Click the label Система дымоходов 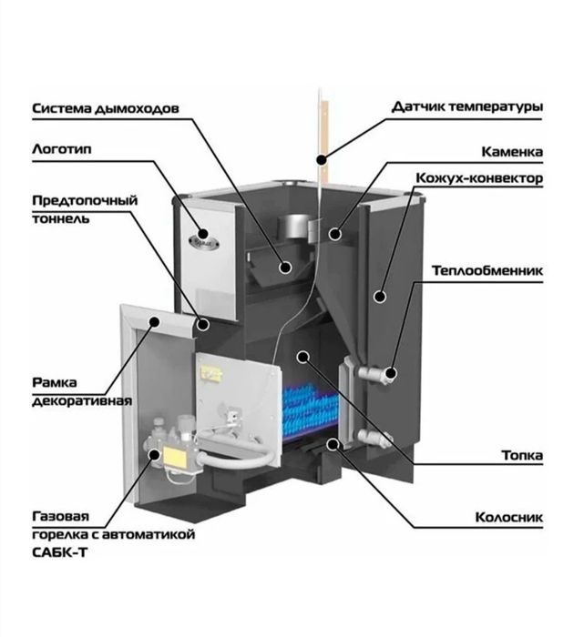pyautogui.click(x=106, y=109)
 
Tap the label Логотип pyautogui.click(x=62, y=149)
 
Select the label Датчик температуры pyautogui.click(x=467, y=107)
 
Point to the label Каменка pyautogui.click(x=512, y=152)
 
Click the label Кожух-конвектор pyautogui.click(x=479, y=178)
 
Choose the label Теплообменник pyautogui.click(x=487, y=270)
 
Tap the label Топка pyautogui.click(x=522, y=455)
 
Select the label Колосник pyautogui.click(x=509, y=517)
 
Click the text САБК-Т pyautogui.click(x=59, y=553)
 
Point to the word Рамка pyautogui.click(x=55, y=383)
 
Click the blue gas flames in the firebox pyautogui.click(x=310, y=410)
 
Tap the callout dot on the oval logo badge pyautogui.click(x=203, y=234)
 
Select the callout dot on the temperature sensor pyautogui.click(x=322, y=159)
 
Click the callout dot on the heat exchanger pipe pyautogui.click(x=391, y=372)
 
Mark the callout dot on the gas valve pyautogui.click(x=154, y=454)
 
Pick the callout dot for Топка pyautogui.click(x=303, y=357)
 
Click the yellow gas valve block pyautogui.click(x=176, y=456)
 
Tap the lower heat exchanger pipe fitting pyautogui.click(x=374, y=438)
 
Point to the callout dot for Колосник pyautogui.click(x=333, y=444)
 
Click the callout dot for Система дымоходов pyautogui.click(x=286, y=267)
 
